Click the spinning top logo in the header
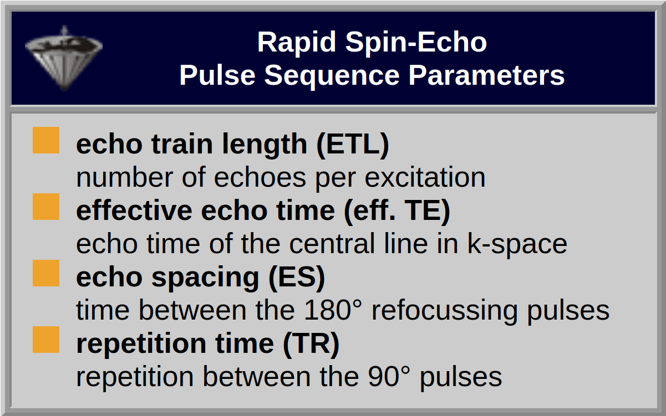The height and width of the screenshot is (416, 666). coord(64,58)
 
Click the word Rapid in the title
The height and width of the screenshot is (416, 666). coord(297,43)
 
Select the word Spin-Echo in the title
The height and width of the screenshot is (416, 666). coord(416,43)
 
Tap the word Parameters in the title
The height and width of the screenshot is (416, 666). coord(486,76)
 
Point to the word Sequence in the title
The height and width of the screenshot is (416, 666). coord(332,76)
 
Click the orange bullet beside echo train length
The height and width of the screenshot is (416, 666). coord(46,140)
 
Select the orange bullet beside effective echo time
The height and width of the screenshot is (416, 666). coord(46,207)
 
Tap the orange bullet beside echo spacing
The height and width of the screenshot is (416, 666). coord(46,273)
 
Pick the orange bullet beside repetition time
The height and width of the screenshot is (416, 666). coord(46,340)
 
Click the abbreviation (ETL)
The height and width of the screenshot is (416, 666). coord(353,145)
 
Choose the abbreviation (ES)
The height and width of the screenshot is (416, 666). coord(297,278)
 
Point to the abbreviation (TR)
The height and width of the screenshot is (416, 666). coord(311,344)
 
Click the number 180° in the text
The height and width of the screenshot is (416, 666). coord(333,310)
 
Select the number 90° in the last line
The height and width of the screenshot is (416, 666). coord(389,377)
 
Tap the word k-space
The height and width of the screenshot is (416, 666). coord(517,244)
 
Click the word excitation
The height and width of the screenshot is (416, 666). coord(425,177)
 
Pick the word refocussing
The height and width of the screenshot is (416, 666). coord(445,311)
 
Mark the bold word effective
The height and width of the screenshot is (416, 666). coord(134,210)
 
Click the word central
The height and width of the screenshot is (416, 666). coord(332,244)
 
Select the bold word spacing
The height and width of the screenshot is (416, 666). coord(205,278)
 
